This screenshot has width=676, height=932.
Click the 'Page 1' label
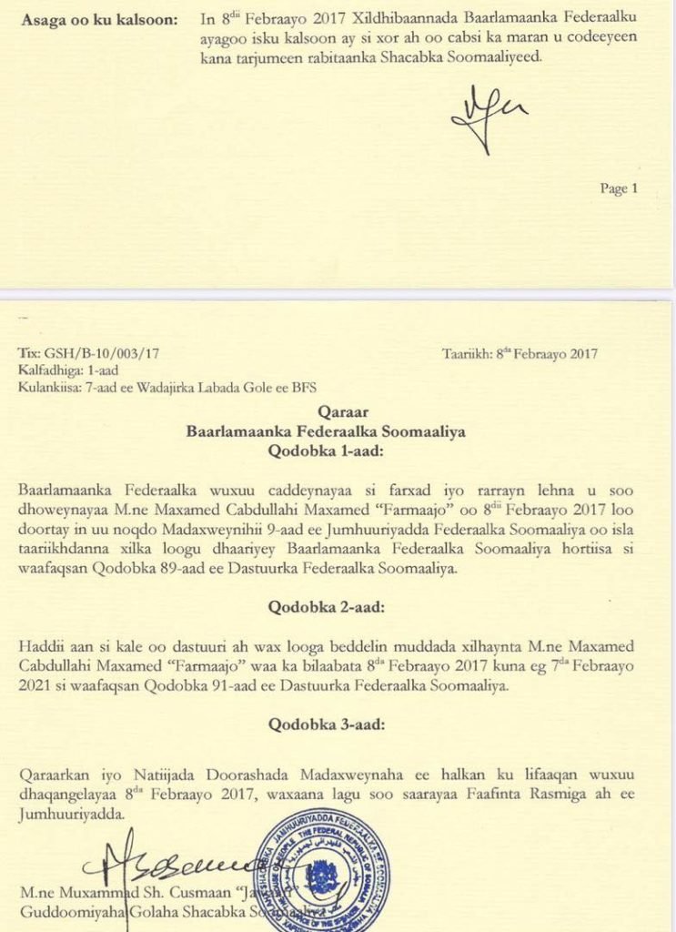click(x=619, y=188)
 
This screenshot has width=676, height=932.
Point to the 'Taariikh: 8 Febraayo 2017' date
click(x=520, y=354)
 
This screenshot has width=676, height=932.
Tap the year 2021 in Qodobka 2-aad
click(x=37, y=687)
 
